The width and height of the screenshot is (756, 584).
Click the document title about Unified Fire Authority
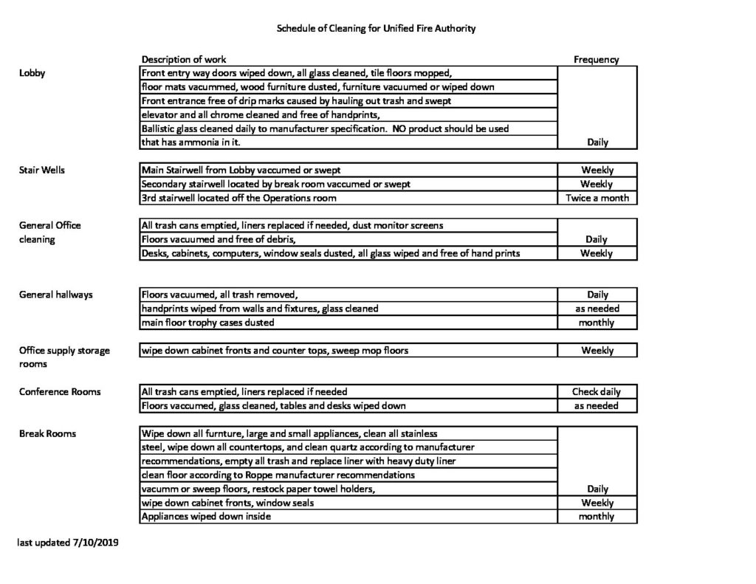coord(376,29)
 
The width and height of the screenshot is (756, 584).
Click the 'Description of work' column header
coord(184,59)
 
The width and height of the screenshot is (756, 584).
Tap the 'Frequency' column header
coord(596,60)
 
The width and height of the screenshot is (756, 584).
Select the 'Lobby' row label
coord(32,73)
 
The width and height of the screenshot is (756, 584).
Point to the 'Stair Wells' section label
coord(42,170)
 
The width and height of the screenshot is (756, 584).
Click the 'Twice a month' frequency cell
coord(597,198)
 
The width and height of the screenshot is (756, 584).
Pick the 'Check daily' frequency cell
coord(597,391)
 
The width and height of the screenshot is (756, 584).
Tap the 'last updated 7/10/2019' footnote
coord(69,542)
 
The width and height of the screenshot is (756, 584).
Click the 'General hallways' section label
coord(56,295)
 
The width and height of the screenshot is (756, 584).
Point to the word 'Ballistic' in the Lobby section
coord(158,128)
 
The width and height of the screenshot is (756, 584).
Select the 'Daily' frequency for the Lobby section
coord(597,142)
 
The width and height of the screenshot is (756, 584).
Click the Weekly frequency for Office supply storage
coord(597,350)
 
